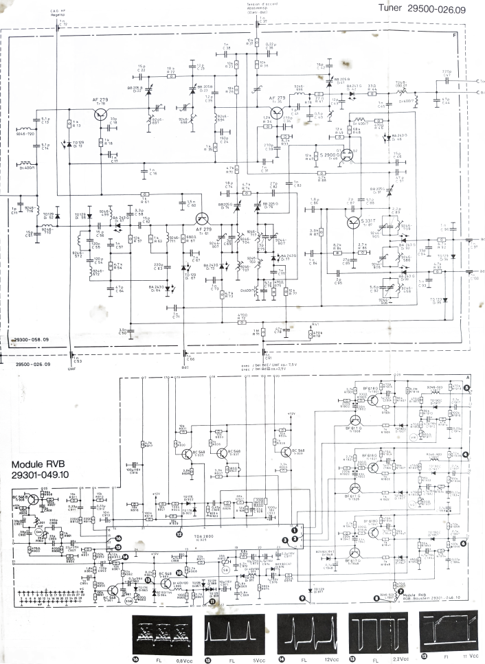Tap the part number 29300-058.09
33,339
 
